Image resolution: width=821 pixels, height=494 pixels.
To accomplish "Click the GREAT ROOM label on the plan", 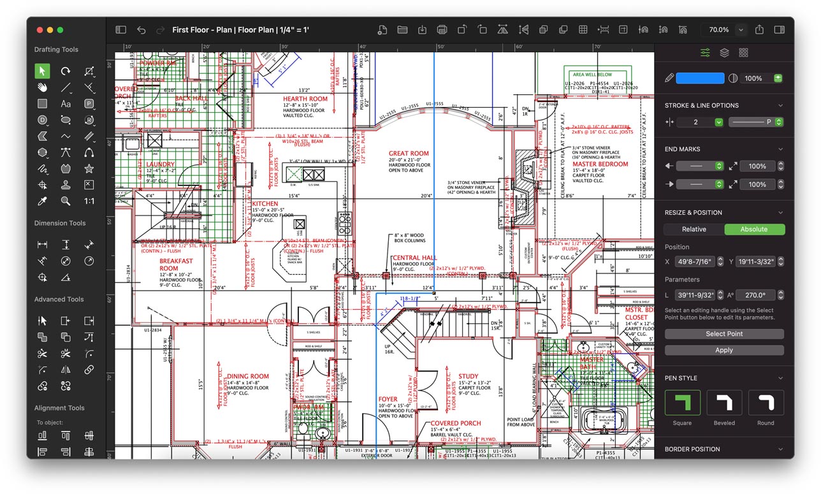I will tap(409, 154).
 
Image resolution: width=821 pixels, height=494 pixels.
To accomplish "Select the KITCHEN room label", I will tap(265, 204).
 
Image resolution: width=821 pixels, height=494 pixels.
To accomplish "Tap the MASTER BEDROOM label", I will tap(600, 164).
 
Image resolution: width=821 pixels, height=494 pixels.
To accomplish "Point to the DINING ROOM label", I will tap(248, 377).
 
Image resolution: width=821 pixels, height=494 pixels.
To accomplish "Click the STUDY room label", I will tap(468, 377).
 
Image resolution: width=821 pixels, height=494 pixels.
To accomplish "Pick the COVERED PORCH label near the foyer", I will tap(456, 423).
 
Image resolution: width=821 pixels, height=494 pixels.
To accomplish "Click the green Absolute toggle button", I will tap(754, 229).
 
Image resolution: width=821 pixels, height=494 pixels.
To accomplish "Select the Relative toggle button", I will tap(694, 229).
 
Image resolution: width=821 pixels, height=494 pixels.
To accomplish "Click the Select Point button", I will tap(723, 334).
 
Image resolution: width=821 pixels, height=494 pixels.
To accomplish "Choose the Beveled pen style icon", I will tap(724, 403).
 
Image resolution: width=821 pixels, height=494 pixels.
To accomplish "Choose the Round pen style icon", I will tap(766, 403).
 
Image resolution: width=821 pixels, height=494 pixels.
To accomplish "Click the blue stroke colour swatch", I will tap(700, 78).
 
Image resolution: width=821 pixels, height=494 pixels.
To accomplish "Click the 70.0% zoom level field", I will tap(718, 30).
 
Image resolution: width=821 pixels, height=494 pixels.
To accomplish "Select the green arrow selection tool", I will tap(42, 71).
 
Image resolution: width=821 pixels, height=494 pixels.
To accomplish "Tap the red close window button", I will tap(39, 30).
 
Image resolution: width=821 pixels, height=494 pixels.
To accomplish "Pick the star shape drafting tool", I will tap(89, 169).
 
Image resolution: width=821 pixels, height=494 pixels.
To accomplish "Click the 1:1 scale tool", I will tap(89, 201).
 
